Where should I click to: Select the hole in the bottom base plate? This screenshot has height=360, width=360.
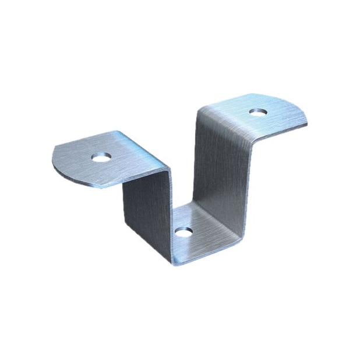pyautogui.click(x=183, y=231)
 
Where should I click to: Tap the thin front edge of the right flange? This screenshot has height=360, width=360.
pyautogui.click(x=280, y=132)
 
